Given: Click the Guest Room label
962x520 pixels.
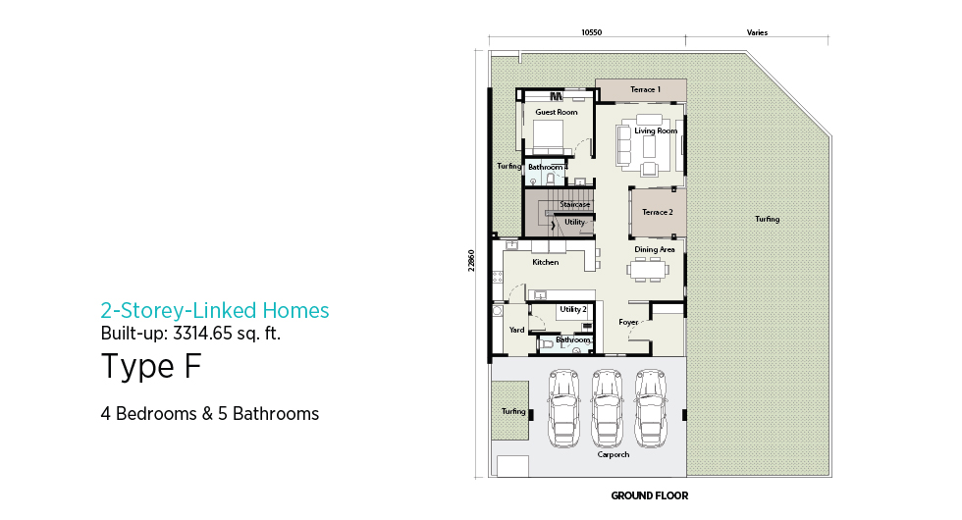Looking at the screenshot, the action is pos(557,112).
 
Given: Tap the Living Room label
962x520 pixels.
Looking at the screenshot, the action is pos(656,130).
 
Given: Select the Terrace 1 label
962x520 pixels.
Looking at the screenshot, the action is pos(646,89).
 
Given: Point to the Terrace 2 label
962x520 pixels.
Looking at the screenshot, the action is pos(658,212).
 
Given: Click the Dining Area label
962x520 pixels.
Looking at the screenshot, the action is pos(655,249).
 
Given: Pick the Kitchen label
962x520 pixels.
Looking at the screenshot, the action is pos(546,263).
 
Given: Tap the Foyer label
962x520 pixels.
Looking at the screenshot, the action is pos(628,322).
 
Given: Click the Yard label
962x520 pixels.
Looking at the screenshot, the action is pos(516,330).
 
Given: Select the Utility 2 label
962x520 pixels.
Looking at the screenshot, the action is pos(573,309).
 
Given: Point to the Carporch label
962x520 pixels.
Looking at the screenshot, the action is pos(614,454).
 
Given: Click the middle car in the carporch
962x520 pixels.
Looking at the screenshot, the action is pos(608,408).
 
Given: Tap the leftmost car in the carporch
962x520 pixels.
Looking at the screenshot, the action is pos(563,408).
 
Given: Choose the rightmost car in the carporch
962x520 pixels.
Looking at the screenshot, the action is pos(651,408).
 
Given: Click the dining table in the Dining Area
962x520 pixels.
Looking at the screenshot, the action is pos(647,269).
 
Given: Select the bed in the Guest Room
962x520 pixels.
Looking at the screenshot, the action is pos(548,136).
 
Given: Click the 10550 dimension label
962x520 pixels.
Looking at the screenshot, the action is pos(591,32).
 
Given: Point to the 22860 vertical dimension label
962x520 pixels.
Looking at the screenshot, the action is pos(471,261).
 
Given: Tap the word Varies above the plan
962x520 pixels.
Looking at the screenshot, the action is pos(757,32).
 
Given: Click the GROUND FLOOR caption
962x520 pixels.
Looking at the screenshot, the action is pos(650,495).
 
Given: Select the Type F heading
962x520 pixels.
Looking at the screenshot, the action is pos(151,366).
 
